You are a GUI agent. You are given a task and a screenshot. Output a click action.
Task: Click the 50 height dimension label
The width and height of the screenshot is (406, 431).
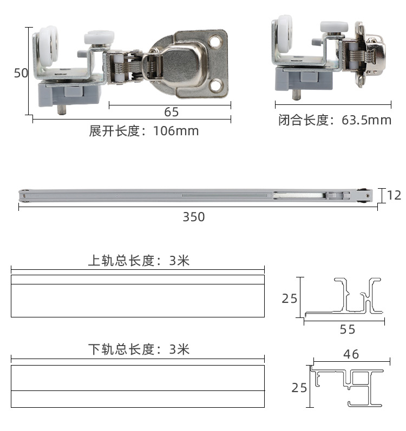pos(21,73)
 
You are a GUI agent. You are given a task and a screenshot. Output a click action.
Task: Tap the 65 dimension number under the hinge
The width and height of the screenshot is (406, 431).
pos(171,112)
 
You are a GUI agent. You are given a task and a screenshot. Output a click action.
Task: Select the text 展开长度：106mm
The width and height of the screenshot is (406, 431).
pos(144,131)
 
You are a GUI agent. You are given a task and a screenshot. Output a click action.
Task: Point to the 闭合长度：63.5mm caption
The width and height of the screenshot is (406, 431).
pos(335,120)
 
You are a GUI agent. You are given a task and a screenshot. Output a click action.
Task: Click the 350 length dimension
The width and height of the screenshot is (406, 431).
pos(193,217)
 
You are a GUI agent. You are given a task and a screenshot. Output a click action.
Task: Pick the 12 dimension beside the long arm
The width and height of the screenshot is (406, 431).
pos(395,195)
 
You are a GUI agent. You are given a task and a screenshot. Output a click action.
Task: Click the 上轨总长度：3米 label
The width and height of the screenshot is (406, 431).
pos(139,261)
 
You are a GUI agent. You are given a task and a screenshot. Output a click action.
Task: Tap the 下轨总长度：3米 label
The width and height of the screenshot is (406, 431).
pos(139,349)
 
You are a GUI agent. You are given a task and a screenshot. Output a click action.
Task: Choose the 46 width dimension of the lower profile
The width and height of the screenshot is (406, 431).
pos(351,354)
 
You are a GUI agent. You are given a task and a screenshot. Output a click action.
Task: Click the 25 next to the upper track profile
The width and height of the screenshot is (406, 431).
pos(290,297)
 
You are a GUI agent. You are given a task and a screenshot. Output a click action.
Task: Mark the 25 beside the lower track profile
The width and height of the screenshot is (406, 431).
pos(299,388)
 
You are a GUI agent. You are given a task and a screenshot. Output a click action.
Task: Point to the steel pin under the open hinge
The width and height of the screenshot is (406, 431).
pos(62,110)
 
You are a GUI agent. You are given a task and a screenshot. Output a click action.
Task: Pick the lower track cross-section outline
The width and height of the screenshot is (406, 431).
pos(346,386)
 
